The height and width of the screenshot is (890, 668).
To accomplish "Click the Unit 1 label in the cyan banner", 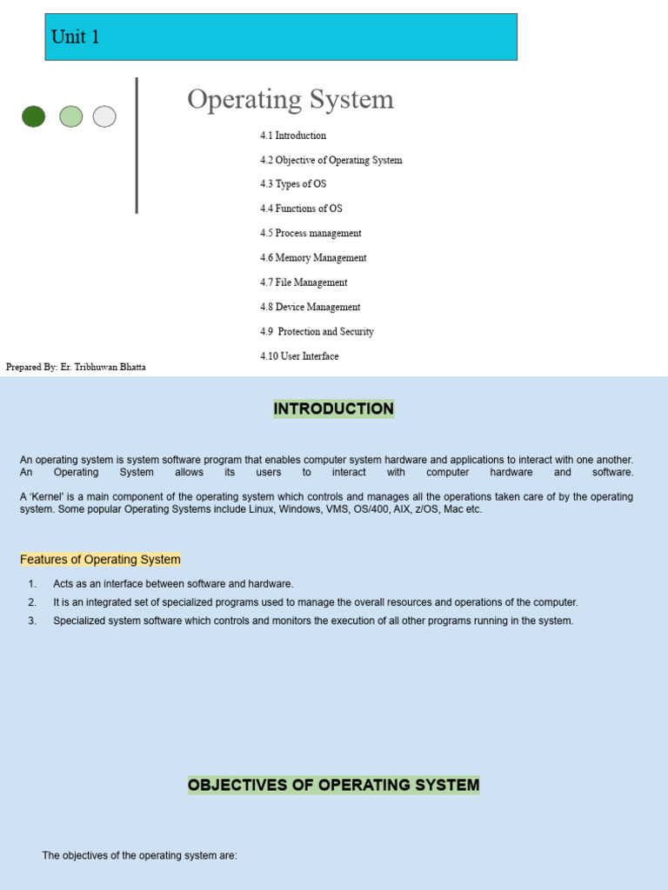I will (x=75, y=37).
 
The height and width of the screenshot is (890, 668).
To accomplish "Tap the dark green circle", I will (x=34, y=116).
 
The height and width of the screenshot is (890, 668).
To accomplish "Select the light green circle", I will (x=71, y=116).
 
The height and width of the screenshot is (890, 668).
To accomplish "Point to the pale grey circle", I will (x=104, y=116).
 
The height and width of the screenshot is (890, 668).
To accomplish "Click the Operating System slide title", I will (x=291, y=99).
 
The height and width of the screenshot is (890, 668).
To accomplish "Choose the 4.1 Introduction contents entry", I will (x=293, y=136).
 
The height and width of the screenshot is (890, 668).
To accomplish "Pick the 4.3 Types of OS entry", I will (x=293, y=184).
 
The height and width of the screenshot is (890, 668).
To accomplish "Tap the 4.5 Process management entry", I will (x=311, y=233).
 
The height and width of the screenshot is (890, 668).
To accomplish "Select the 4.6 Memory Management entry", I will (x=313, y=258).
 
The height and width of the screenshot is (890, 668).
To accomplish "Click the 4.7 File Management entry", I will (x=304, y=282).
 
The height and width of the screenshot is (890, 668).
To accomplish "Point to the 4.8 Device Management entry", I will (x=310, y=307).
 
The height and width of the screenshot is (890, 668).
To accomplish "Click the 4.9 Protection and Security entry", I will (x=317, y=332).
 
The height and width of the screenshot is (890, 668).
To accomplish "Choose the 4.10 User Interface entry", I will (x=299, y=356).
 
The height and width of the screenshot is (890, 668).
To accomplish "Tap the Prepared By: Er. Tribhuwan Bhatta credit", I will (x=76, y=367).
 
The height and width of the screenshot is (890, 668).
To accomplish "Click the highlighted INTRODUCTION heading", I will (x=334, y=408).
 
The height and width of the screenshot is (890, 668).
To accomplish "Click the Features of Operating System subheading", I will (x=100, y=560).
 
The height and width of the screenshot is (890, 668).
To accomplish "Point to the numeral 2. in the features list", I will (x=32, y=602).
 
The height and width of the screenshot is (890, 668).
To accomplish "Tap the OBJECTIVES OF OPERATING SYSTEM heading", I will (x=334, y=785).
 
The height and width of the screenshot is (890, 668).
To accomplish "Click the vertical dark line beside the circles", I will (x=137, y=145).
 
